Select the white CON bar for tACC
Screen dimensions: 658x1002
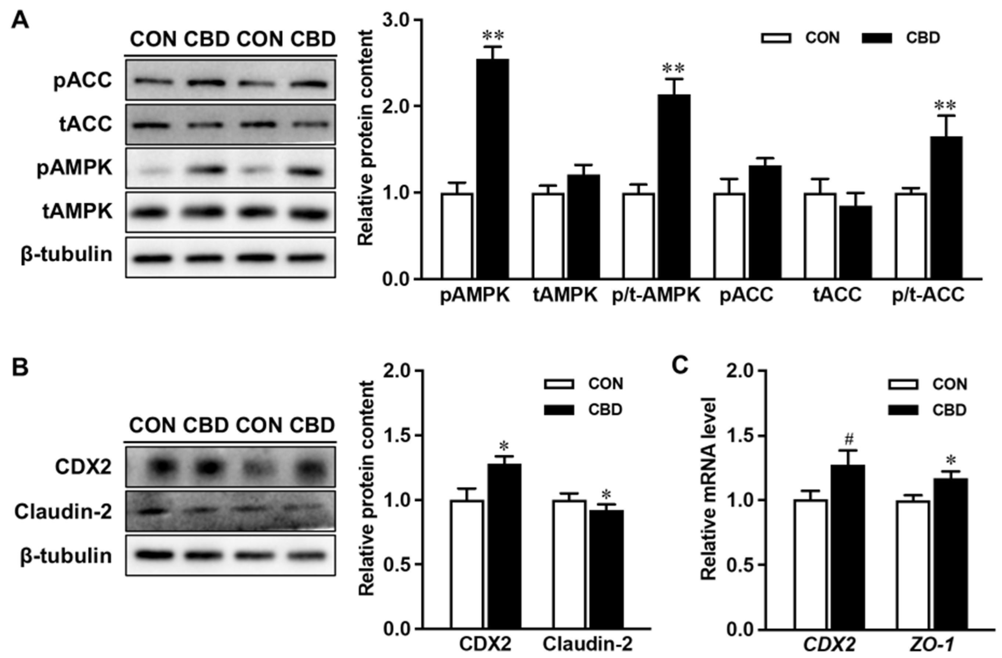[x=820, y=236]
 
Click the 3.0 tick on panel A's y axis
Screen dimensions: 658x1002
[x=397, y=20]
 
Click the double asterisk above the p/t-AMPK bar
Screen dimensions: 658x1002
[x=673, y=69]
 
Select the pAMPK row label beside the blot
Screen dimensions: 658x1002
[x=75, y=168]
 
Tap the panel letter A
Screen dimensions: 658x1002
[x=20, y=20]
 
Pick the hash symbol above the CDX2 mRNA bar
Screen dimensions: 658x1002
[x=849, y=440]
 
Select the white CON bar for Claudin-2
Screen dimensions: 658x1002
[x=570, y=564]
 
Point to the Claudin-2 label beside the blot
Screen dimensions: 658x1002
[x=63, y=511]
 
